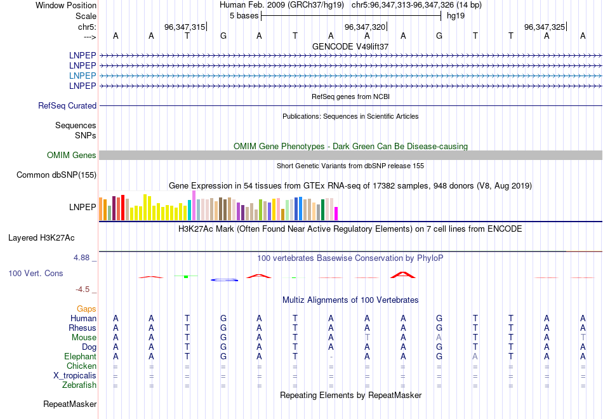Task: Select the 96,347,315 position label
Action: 185,27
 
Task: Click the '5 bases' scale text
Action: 244,15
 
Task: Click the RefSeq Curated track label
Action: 67,106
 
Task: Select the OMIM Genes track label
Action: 72,156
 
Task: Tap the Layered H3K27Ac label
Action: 41,238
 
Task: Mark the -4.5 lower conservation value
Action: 83,289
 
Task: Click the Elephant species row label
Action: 80,357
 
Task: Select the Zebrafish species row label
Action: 79,385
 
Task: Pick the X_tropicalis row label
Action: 75,376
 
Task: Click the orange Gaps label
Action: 86,309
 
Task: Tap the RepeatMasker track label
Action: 70,404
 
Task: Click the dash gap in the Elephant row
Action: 331,357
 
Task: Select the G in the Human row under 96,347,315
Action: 223,318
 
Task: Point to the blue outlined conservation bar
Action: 224,279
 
